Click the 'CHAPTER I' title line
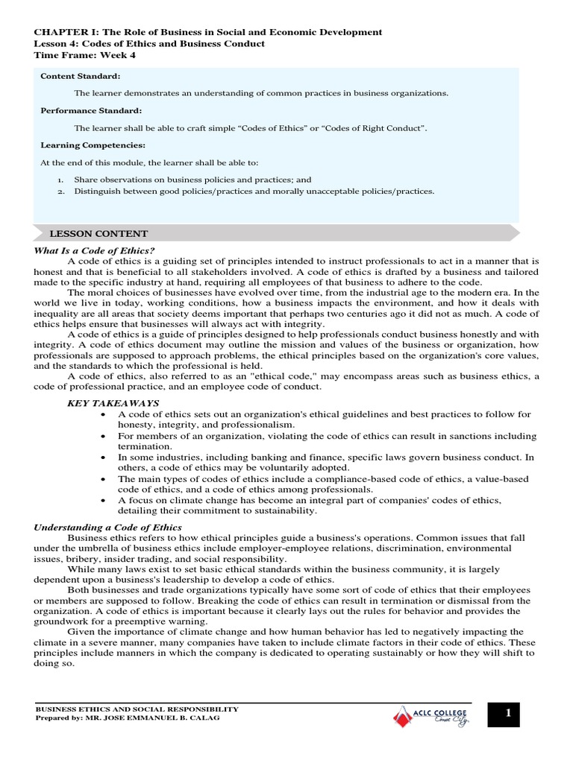tap(208, 32)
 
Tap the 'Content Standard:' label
tap(80, 76)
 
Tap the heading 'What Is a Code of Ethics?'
tap(95, 250)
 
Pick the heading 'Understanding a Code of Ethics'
tap(107, 527)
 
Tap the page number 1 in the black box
tap(508, 714)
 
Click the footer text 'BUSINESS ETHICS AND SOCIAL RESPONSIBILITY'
tap(137, 709)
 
